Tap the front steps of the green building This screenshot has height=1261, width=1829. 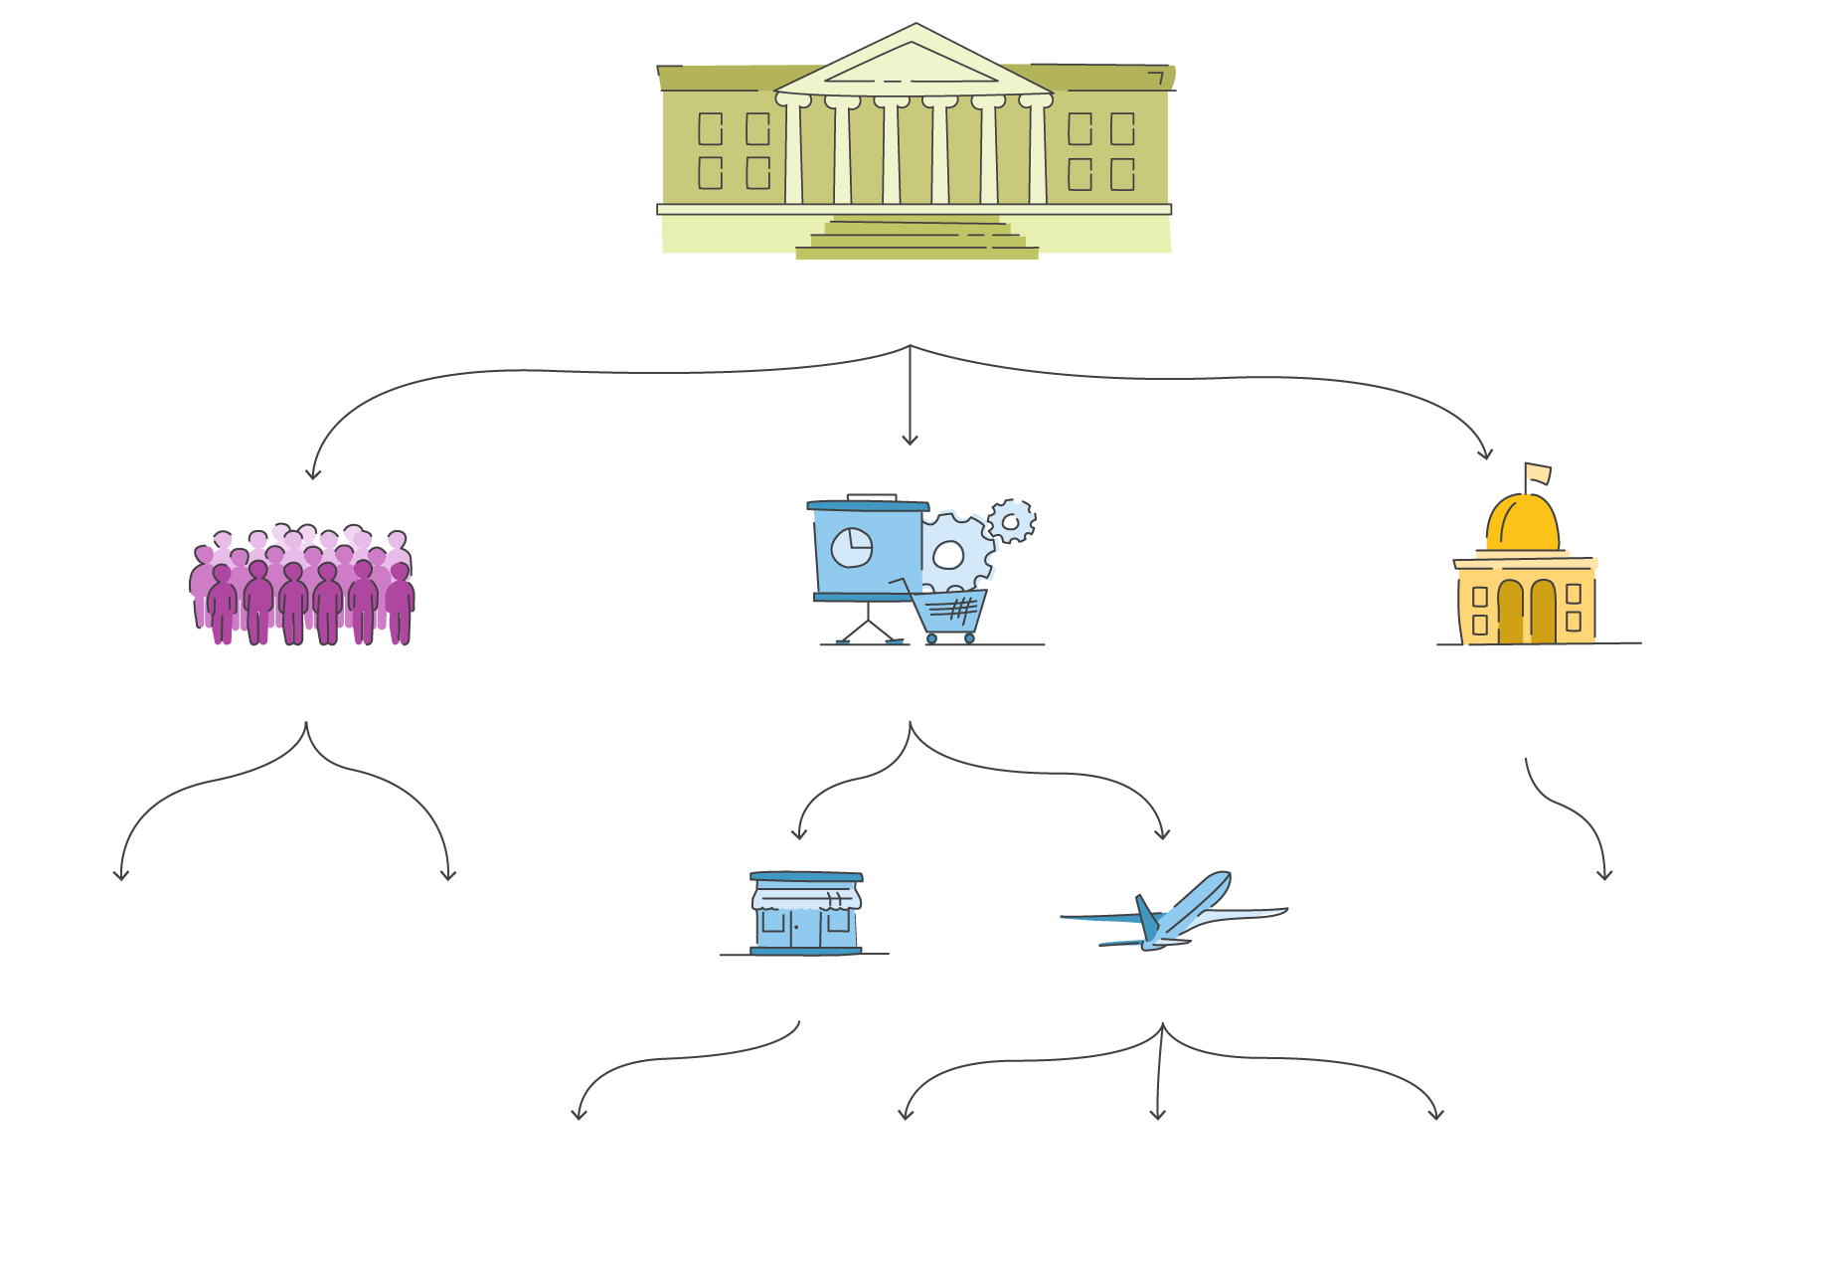(x=916, y=241)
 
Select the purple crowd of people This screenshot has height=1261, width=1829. (x=302, y=588)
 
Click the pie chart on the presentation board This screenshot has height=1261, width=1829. (x=852, y=547)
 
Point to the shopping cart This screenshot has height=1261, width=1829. (x=949, y=611)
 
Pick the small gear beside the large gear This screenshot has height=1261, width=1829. (x=1012, y=521)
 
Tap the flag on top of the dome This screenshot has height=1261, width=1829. (x=1537, y=473)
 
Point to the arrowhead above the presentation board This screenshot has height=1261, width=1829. (x=910, y=441)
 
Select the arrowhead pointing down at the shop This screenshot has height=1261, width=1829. (x=798, y=834)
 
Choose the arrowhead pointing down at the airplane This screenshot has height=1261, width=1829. (x=1162, y=834)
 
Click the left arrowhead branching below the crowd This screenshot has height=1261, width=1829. (x=121, y=875)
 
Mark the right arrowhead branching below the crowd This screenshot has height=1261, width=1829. (x=448, y=875)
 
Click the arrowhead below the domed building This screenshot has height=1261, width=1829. (x=1604, y=875)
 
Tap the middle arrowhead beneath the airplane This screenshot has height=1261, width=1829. (x=1157, y=1115)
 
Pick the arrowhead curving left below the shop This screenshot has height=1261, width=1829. (x=579, y=1115)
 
